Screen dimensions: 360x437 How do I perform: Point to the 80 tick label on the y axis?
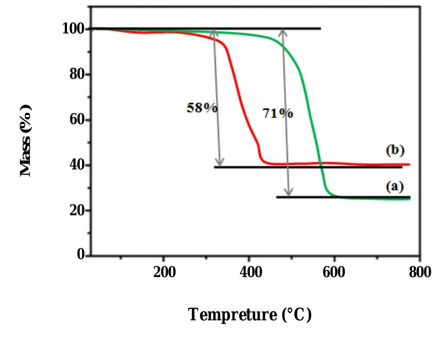click(77, 74)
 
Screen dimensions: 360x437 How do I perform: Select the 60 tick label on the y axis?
click(77, 119)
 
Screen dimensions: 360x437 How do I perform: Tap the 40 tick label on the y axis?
click(77, 165)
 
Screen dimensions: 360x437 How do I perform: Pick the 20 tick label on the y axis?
click(77, 210)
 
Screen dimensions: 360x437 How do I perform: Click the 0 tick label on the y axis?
click(80, 255)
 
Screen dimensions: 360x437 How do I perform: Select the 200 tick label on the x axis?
click(163, 272)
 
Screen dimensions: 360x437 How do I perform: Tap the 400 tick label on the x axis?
click(249, 272)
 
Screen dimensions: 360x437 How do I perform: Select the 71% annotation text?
click(278, 114)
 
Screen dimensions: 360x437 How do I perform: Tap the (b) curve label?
click(395, 150)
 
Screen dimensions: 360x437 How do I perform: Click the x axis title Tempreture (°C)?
click(250, 314)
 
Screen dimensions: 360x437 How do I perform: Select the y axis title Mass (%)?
click(26, 140)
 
